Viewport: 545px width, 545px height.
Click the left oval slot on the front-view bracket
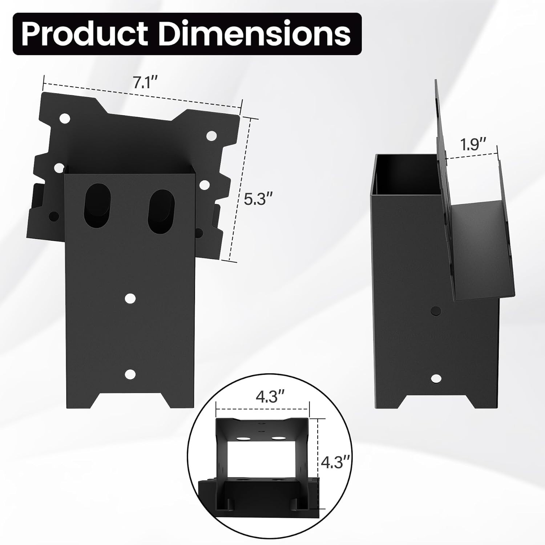pos(96,206)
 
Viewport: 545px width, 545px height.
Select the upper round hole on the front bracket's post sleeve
pos(130,298)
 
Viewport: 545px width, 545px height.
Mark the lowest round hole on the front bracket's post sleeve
pos(130,374)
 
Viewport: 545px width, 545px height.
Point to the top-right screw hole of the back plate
pos(211,136)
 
